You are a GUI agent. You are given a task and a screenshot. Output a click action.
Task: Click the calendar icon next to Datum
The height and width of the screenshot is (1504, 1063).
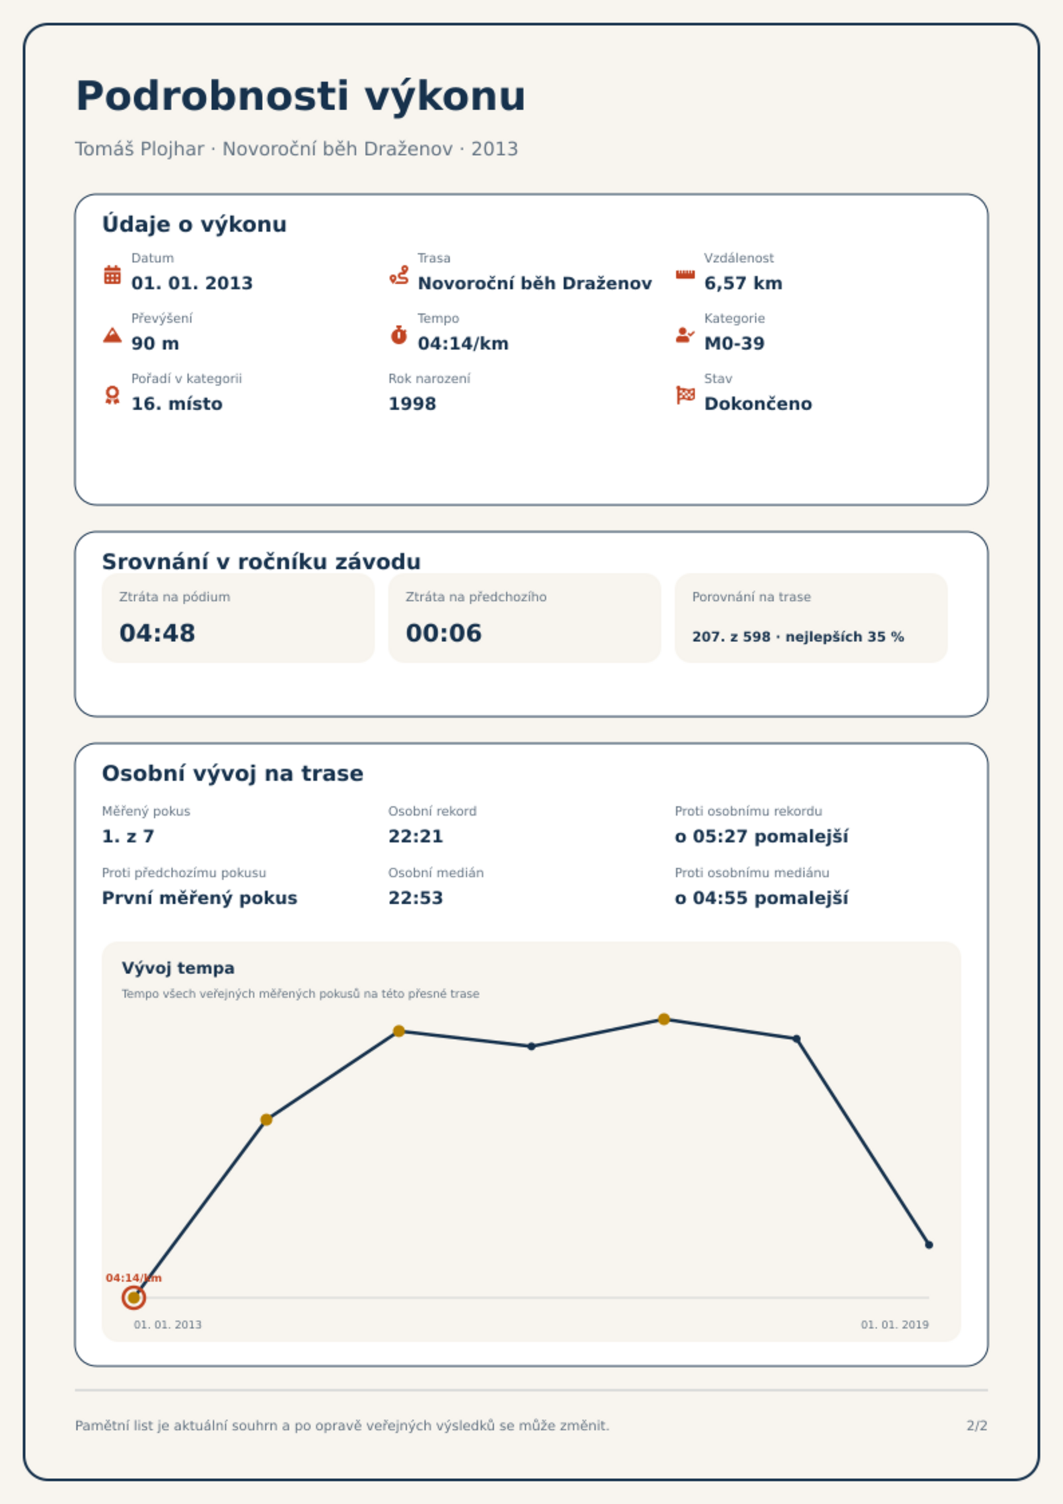[112, 275]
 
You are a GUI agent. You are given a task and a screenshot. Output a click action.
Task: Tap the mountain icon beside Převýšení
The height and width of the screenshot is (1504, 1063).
[112, 335]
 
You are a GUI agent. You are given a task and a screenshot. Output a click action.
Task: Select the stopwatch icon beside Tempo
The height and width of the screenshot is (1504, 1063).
[399, 334]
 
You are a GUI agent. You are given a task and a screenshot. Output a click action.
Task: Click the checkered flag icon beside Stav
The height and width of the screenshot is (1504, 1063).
[685, 395]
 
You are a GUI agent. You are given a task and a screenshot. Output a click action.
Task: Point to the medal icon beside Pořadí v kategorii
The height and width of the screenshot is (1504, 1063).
[112, 395]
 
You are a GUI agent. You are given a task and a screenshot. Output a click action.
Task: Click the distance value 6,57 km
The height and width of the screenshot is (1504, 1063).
[743, 283]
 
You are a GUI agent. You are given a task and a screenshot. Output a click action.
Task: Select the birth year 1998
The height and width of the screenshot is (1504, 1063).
[412, 404]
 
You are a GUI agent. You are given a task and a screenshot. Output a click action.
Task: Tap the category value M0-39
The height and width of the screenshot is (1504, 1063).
[734, 344]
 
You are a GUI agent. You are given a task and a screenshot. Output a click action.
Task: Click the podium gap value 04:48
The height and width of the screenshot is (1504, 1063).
[157, 633]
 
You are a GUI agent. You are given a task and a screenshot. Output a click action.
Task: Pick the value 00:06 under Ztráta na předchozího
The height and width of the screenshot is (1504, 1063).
[444, 633]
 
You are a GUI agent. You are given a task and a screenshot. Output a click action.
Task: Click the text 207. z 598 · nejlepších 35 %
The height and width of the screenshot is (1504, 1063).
[798, 637]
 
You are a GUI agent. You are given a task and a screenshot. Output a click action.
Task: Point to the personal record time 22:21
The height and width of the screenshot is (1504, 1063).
[416, 836]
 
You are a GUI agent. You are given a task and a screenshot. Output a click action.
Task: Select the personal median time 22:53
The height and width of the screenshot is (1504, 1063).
[416, 898]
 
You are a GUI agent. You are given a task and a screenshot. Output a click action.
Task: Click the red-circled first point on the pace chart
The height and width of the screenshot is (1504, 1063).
[134, 1298]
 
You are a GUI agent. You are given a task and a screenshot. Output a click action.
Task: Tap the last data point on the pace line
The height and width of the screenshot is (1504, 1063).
[928, 1245]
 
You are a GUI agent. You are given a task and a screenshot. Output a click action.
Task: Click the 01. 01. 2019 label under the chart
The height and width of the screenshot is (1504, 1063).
[895, 1325]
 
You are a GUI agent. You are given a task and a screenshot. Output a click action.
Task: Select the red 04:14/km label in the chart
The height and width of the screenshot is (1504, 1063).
[134, 1278]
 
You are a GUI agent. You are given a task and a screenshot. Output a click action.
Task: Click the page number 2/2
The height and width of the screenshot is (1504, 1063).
[977, 1426]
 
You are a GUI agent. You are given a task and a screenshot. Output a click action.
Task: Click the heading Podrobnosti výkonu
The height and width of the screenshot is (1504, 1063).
[301, 96]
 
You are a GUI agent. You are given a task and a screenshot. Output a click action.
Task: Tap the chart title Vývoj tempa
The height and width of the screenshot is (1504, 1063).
[178, 968]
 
